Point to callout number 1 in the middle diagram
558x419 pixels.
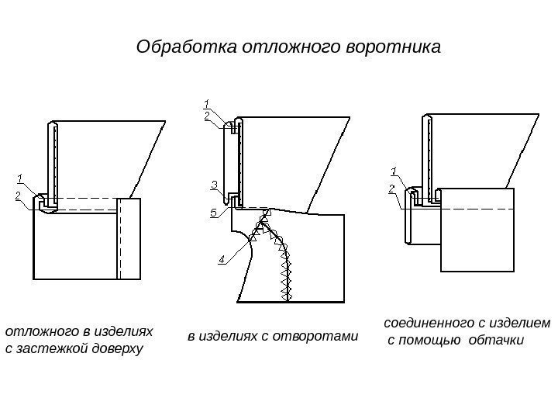207,102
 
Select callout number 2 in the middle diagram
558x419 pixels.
207,115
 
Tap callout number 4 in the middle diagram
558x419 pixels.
222,259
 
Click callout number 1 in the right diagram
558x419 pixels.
393,171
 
